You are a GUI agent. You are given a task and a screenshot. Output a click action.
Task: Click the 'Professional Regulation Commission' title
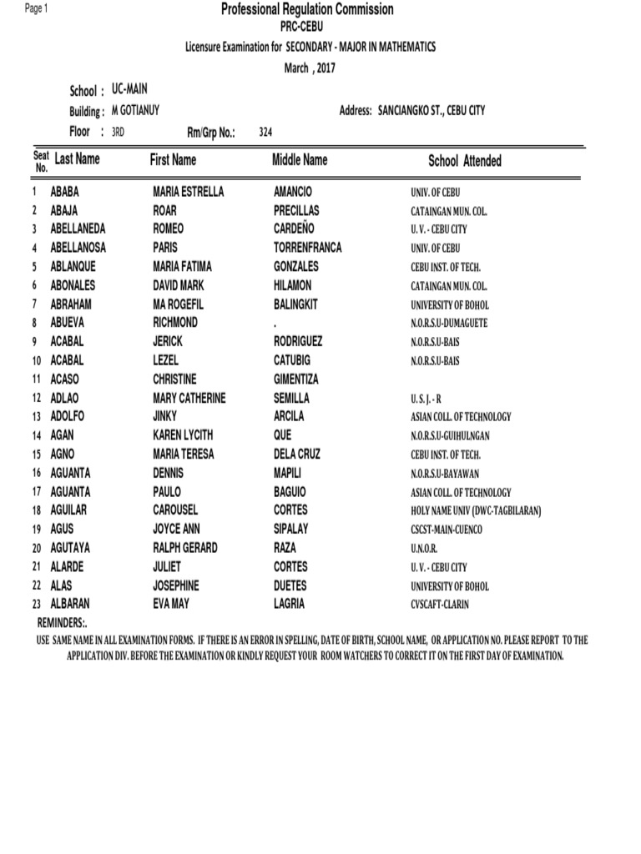coord(307,10)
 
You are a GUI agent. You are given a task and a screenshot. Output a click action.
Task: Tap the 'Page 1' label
coord(38,8)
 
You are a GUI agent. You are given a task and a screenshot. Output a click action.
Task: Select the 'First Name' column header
coord(173,159)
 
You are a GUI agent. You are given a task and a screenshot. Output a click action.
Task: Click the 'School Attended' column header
coord(465,161)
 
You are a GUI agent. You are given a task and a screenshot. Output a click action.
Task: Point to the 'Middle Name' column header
coord(300,159)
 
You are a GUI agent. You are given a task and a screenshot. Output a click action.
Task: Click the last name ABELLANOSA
coord(78,248)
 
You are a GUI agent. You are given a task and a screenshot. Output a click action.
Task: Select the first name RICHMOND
coord(175,322)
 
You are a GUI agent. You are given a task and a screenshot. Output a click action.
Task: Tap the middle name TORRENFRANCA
coord(307,248)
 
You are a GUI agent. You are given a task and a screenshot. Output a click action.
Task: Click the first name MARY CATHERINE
coord(189,398)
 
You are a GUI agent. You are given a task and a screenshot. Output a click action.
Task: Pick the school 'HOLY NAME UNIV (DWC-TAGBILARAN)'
coord(476,510)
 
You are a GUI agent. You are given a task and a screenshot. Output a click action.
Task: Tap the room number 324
coord(266,133)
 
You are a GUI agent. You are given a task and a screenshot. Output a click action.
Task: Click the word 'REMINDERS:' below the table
coord(63,624)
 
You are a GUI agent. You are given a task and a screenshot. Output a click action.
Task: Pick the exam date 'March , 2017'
coord(310,68)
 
